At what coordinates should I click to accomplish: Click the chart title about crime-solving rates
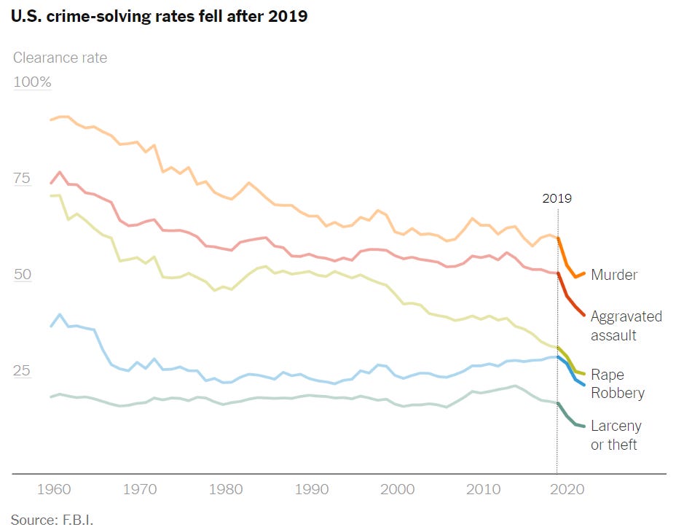point(159,16)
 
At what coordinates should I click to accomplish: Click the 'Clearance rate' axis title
point(60,58)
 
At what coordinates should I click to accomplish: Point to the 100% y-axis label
point(32,82)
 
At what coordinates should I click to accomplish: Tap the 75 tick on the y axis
point(23,179)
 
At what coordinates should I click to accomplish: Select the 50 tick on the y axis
point(23,274)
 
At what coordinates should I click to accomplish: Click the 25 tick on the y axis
point(23,371)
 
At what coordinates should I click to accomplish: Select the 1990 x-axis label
point(311,489)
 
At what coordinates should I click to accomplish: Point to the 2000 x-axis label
point(398,489)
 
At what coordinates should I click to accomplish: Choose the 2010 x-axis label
point(484,489)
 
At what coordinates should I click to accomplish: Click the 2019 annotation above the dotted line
point(557,198)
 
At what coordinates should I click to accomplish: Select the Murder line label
point(613,275)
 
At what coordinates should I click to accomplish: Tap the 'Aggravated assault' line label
point(626,326)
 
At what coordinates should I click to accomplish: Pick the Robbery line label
point(617,393)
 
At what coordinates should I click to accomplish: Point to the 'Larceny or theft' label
point(616,435)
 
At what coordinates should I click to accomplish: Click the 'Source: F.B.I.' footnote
point(52,519)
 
